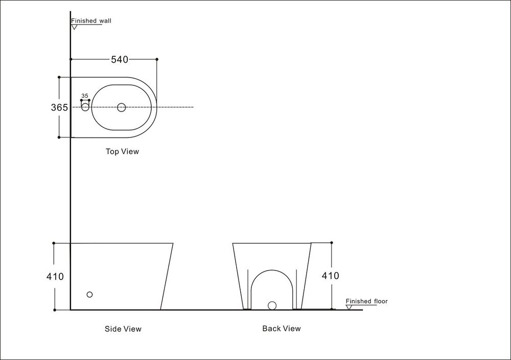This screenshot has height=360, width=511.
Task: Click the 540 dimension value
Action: [119, 59]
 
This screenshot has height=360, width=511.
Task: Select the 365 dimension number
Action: [59, 107]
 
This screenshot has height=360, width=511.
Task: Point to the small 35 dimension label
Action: [85, 96]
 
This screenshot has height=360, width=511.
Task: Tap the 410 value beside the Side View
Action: [55, 277]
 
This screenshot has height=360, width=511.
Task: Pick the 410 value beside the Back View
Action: [330, 276]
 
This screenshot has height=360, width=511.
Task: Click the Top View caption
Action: [122, 151]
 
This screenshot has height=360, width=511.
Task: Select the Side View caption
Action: [123, 329]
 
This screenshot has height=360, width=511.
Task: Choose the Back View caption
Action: [282, 328]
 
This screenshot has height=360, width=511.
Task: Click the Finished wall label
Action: [91, 21]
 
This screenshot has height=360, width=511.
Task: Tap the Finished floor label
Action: [366, 301]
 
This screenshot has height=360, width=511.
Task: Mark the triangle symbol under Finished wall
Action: [74, 27]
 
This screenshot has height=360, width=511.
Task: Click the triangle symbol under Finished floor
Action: [350, 307]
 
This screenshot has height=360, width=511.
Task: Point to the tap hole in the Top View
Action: [85, 107]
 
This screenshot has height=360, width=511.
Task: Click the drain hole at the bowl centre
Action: [121, 107]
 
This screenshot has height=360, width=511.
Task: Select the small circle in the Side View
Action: [90, 295]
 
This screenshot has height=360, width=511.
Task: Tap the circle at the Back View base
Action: [272, 306]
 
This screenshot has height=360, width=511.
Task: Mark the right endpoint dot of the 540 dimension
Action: [157, 59]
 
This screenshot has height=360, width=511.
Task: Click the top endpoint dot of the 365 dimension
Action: [59, 77]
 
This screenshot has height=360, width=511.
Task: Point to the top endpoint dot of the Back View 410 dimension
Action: [332, 243]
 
